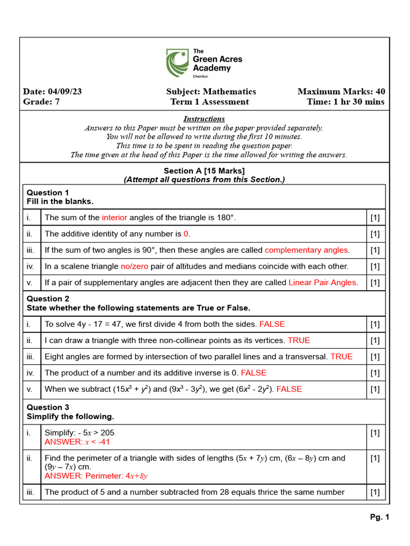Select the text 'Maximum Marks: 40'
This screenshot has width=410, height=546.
[x=341, y=91]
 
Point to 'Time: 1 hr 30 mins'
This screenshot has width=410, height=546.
[x=345, y=102]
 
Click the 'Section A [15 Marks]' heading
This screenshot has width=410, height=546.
[x=204, y=171]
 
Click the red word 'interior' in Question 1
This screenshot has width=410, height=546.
[x=114, y=218]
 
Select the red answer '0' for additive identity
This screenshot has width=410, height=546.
[x=186, y=234]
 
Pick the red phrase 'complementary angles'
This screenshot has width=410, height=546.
[x=307, y=250]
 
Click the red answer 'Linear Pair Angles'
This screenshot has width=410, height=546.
[x=323, y=282]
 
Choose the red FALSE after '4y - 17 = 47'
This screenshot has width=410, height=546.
[x=272, y=324]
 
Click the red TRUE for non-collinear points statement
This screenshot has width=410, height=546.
[x=298, y=340]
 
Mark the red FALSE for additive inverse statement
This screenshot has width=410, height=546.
[x=254, y=373]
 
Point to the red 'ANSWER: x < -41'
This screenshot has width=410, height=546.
[x=77, y=442]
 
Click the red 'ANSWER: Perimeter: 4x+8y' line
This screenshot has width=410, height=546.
[x=96, y=476]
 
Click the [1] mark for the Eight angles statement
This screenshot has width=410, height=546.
[x=375, y=357]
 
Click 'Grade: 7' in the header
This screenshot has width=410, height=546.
[x=41, y=102]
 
